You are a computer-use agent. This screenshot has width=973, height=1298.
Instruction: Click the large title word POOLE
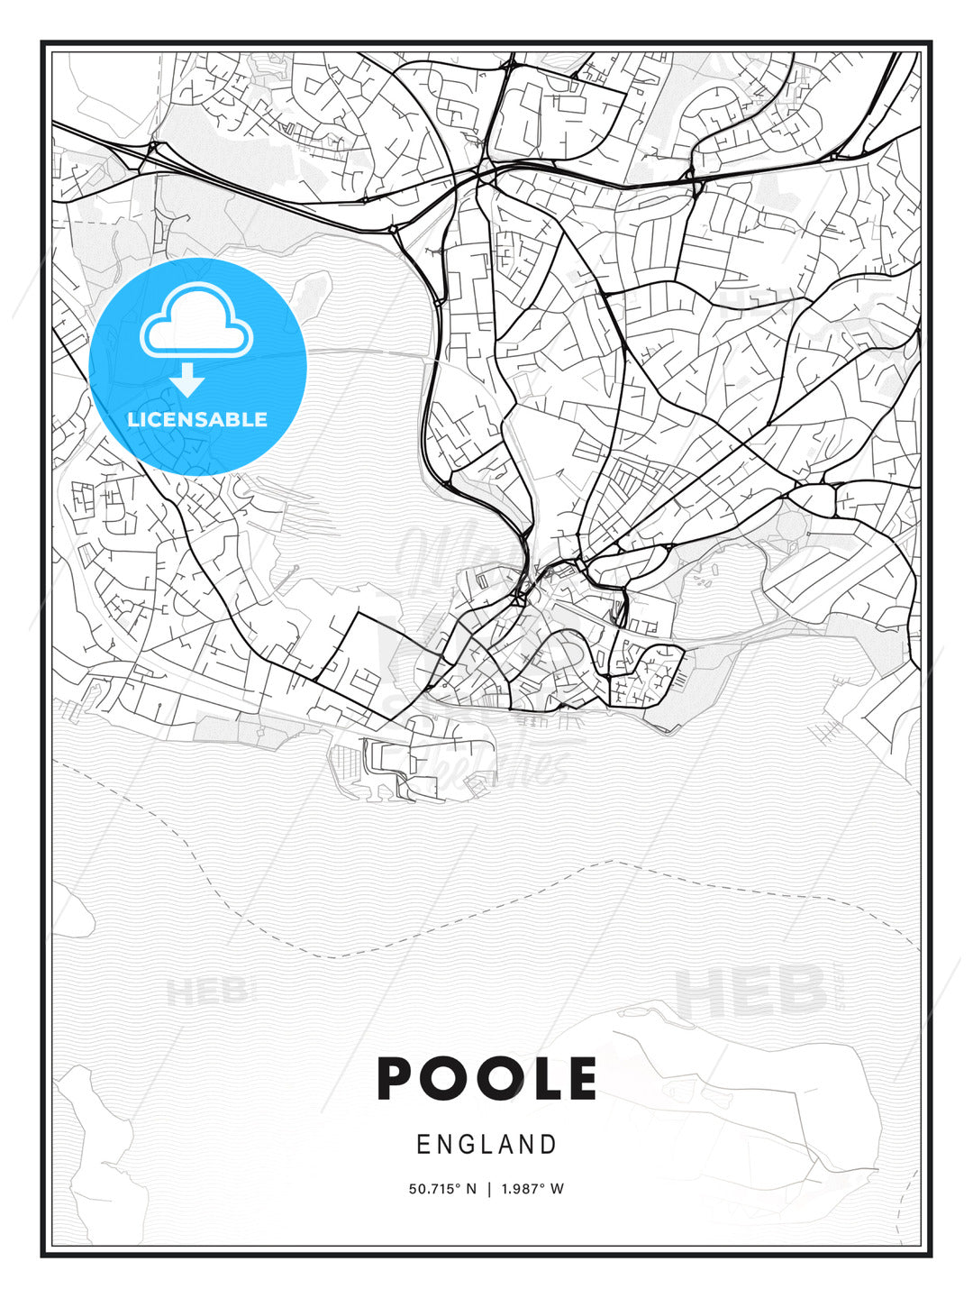coord(486,1079)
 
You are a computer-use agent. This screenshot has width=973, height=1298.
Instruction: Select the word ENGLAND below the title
coord(486,1145)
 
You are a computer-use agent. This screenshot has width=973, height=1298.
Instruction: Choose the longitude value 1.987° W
coord(532,1189)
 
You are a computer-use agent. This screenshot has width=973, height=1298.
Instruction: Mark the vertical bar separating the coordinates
coord(488,1189)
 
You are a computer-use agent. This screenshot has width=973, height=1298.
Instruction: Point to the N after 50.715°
coord(470,1189)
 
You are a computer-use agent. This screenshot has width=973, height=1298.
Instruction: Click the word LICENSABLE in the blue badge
coord(197,419)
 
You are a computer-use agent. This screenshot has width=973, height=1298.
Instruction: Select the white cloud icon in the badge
coord(196,323)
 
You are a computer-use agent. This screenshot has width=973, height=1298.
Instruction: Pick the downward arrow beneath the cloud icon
coord(188,380)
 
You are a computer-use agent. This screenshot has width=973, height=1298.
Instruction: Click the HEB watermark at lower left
coord(206,992)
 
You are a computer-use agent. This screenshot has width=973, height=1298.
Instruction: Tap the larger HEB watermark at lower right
coord(750,992)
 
